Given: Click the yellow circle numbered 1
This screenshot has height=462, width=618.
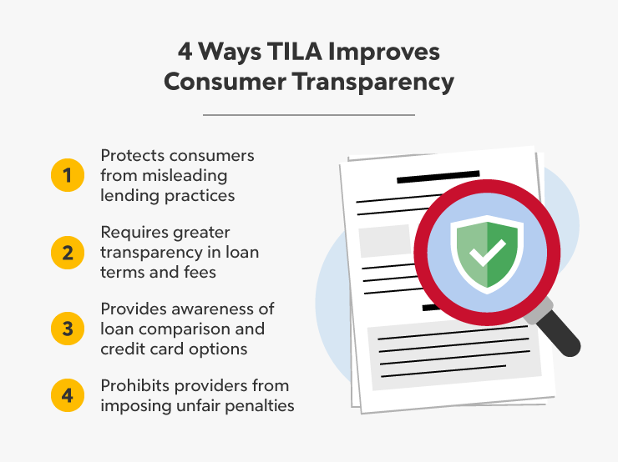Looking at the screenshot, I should point(67,176).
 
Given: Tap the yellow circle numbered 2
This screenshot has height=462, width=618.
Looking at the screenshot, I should point(67,251).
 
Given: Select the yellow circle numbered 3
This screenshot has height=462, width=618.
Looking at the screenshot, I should point(67,329).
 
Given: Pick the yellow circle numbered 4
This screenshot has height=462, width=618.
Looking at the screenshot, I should point(67,395).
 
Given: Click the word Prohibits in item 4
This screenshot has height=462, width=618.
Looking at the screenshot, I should point(134,386).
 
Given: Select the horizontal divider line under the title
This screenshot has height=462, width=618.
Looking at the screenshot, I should point(308,114).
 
